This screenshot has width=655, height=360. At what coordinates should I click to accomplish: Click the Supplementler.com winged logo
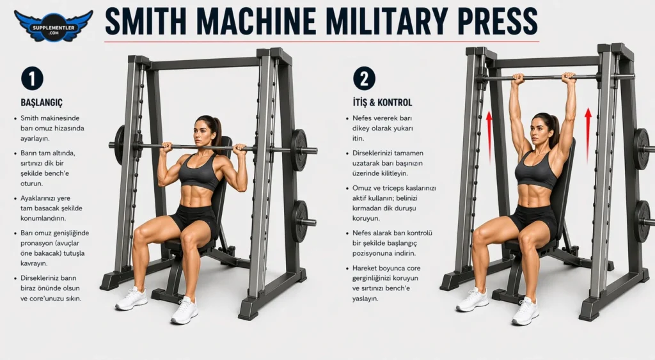point(53,26)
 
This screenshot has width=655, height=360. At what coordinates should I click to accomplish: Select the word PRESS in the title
point(498,21)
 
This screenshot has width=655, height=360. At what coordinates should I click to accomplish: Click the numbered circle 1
point(32,79)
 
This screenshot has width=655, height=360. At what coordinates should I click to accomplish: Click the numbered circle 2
point(364,79)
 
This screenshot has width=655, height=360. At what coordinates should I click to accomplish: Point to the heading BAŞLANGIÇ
point(42,102)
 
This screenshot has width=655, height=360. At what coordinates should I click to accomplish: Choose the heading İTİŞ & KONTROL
point(383,102)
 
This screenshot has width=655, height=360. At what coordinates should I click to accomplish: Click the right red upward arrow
point(588,136)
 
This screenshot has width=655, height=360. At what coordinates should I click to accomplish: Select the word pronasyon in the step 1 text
point(38,243)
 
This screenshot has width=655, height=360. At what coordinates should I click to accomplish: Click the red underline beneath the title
point(322,42)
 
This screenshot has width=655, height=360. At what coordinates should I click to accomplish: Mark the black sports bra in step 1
point(199,172)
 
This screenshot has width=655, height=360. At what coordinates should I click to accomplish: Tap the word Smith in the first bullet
point(29,118)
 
